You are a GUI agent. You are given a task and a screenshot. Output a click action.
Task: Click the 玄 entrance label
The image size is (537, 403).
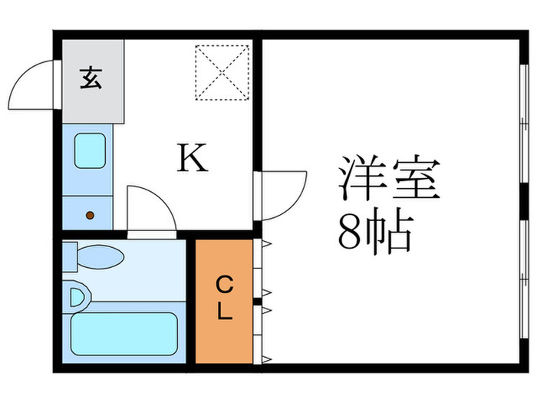[91, 78]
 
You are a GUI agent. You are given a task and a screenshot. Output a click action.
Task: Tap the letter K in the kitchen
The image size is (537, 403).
[193, 157]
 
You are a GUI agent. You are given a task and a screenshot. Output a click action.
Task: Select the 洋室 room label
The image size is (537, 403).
[389, 177]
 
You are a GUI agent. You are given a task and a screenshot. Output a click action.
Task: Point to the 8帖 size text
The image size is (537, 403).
[375, 231]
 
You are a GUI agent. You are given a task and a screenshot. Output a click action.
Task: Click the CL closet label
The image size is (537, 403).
[225, 298]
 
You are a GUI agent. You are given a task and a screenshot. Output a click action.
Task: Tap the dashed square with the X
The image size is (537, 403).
[222, 72]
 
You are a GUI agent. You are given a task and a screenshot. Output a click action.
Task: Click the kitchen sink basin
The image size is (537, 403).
[90, 150]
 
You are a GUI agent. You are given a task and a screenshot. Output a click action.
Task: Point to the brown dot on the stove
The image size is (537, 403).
[90, 215]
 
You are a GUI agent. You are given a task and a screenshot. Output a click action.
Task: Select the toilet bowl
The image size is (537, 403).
[100, 257]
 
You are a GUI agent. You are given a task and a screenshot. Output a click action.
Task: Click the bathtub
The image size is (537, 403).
[124, 334]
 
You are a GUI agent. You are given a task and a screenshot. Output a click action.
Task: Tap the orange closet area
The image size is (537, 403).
[224, 301]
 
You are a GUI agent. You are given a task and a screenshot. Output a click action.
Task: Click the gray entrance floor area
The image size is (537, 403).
[93, 81]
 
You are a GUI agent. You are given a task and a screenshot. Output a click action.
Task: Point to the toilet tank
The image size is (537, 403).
[70, 257]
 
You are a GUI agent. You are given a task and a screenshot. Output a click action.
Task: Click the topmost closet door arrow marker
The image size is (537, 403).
[267, 244]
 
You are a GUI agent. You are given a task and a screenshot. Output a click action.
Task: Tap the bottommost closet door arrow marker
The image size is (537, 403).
[267, 359]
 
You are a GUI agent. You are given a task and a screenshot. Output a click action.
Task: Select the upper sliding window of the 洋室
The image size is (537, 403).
[524, 124]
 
